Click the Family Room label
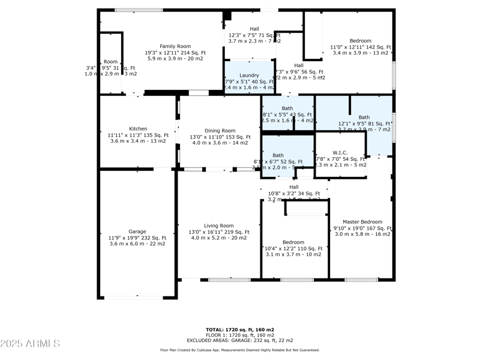pyautogui.click(x=175, y=46)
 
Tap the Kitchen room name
pyautogui.click(x=137, y=128)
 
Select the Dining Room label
pyautogui.click(x=220, y=130)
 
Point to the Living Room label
pyautogui.click(x=218, y=226)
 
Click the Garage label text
pyautogui.click(x=137, y=231)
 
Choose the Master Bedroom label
pyautogui.click(x=362, y=222)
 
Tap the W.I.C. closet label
pyautogui.click(x=340, y=152)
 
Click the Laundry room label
pyautogui.click(x=249, y=75)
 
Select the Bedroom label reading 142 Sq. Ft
pyautogui.click(x=360, y=41)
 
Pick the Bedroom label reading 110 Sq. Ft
pyautogui.click(x=293, y=242)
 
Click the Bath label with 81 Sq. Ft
pyautogui.click(x=364, y=117)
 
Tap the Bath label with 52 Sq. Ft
pyautogui.click(x=278, y=155)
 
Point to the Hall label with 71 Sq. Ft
pyautogui.click(x=254, y=29)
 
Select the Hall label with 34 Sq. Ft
pyautogui.click(x=294, y=187)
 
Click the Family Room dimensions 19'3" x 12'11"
pyautogui.click(x=175, y=53)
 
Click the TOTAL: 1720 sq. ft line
pyautogui.click(x=240, y=329)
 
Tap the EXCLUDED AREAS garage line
pyautogui.click(x=240, y=340)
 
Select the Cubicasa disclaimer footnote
pyautogui.click(x=240, y=350)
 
